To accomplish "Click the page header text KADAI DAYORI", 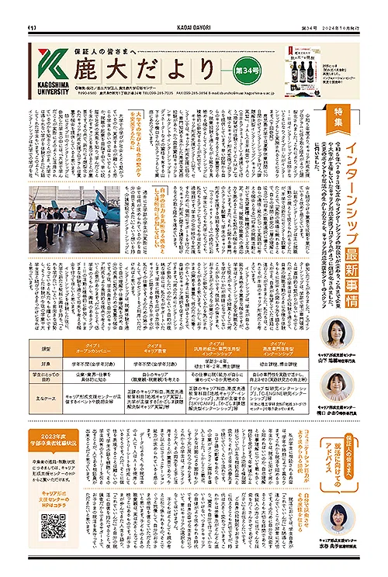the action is tap(194, 6).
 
